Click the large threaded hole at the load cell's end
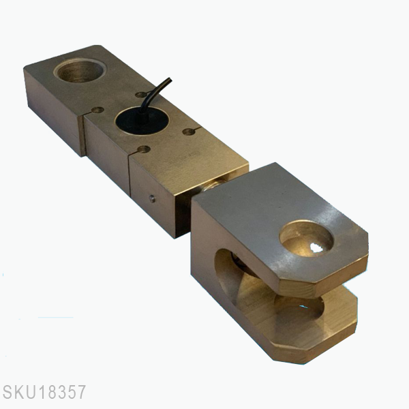[x=79, y=70]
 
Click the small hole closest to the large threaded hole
[x=97, y=110]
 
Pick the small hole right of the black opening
[x=189, y=131]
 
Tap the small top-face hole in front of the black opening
[x=143, y=149]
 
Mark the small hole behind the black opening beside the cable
[x=140, y=95]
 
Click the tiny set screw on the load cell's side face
[x=152, y=199]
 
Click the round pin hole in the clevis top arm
[x=306, y=239]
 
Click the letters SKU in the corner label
[x=18, y=393]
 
